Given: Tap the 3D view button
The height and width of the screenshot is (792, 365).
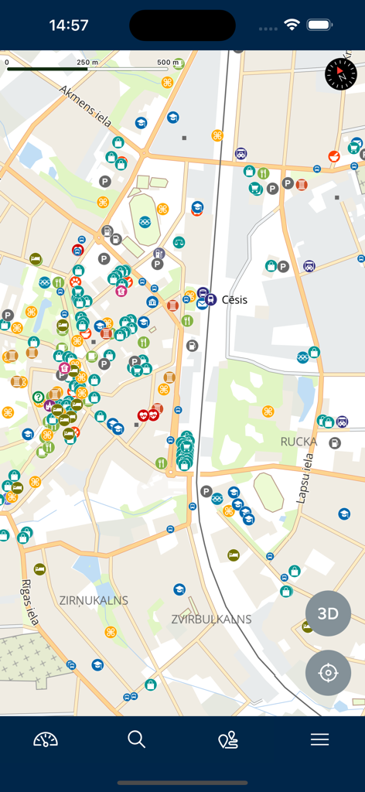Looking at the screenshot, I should [328, 613].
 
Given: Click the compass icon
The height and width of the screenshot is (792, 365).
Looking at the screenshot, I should [341, 73].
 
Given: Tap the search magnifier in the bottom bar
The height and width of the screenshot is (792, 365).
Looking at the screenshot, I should [137, 739].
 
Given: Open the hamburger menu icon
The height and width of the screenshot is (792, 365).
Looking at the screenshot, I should [320, 739].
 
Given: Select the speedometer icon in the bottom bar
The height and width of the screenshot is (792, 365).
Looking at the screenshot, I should [46, 739].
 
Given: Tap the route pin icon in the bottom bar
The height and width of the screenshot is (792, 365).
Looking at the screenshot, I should [228, 740].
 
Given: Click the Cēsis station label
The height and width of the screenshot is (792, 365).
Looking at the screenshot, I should [234, 299].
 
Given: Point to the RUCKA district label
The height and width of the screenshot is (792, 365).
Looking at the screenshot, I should [298, 442].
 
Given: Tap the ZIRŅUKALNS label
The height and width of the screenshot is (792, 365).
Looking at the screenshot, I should [94, 600].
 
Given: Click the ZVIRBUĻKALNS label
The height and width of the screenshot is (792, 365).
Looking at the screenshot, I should [211, 619].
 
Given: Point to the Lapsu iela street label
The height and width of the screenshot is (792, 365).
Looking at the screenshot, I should [307, 477].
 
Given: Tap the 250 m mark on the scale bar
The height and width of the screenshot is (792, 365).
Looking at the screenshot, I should [87, 62].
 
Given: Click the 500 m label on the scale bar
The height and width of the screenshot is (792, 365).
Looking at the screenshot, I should [168, 62].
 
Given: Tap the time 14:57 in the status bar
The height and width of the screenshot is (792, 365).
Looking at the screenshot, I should [69, 25].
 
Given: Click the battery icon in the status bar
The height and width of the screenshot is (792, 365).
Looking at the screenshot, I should [319, 25].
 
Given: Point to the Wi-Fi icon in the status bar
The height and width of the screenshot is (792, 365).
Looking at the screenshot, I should [292, 25].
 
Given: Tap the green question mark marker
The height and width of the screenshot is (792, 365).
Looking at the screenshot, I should [37, 397].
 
